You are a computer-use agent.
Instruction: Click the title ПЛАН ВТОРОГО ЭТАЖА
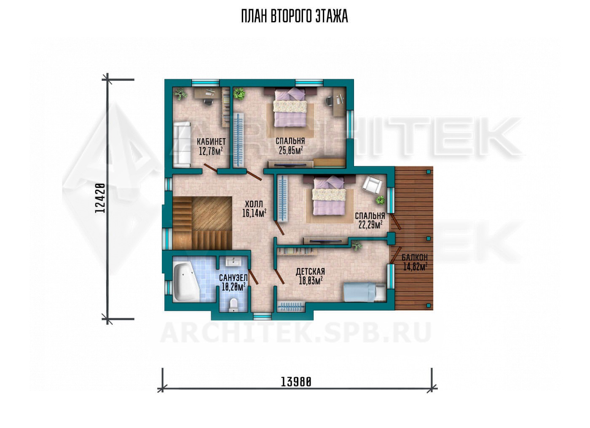point(295,16)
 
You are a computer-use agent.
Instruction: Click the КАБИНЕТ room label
point(211,142)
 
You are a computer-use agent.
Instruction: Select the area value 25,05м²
point(290,150)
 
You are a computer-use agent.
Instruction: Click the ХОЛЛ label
point(254,204)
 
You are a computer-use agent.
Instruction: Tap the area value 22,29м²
point(370,225)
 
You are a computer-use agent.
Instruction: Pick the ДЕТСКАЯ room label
point(310,271)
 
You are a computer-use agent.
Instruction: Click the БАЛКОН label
point(415,257)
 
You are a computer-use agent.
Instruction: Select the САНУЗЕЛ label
point(233,278)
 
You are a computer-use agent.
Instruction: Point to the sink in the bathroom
point(233,262)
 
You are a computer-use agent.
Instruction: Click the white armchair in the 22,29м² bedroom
point(372,185)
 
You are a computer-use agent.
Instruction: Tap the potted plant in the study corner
point(180,94)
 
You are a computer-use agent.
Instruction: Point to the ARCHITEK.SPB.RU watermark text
point(295,332)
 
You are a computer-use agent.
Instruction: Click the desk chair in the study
point(208,102)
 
